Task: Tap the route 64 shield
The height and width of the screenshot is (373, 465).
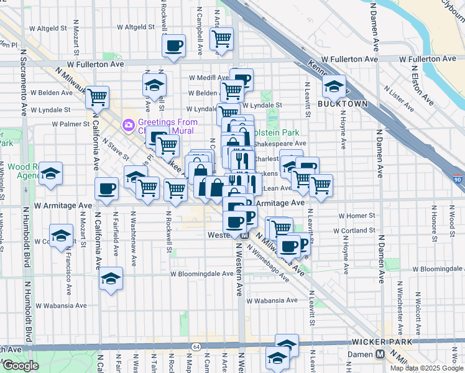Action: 196,346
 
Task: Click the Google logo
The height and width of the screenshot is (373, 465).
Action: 21,366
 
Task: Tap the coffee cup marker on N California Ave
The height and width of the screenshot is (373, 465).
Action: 106,189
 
